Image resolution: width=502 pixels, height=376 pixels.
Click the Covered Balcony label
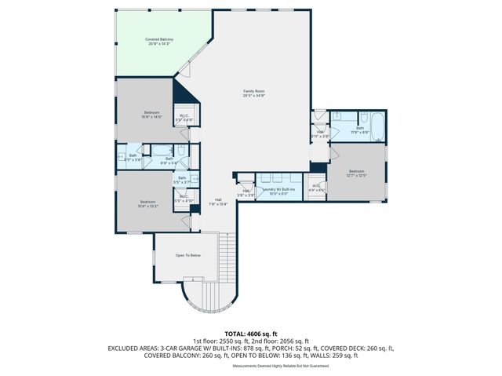[159, 42]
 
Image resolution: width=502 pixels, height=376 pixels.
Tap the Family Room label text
[253, 93]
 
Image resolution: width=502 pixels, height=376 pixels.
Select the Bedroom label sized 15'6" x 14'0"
[151, 115]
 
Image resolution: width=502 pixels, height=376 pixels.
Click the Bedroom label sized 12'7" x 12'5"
[357, 173]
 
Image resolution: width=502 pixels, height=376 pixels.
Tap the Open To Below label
[187, 255]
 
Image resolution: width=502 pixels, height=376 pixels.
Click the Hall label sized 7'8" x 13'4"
[217, 202]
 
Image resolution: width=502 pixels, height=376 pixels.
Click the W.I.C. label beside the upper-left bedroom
[184, 118]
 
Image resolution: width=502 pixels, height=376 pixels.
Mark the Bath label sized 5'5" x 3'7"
[182, 180]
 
